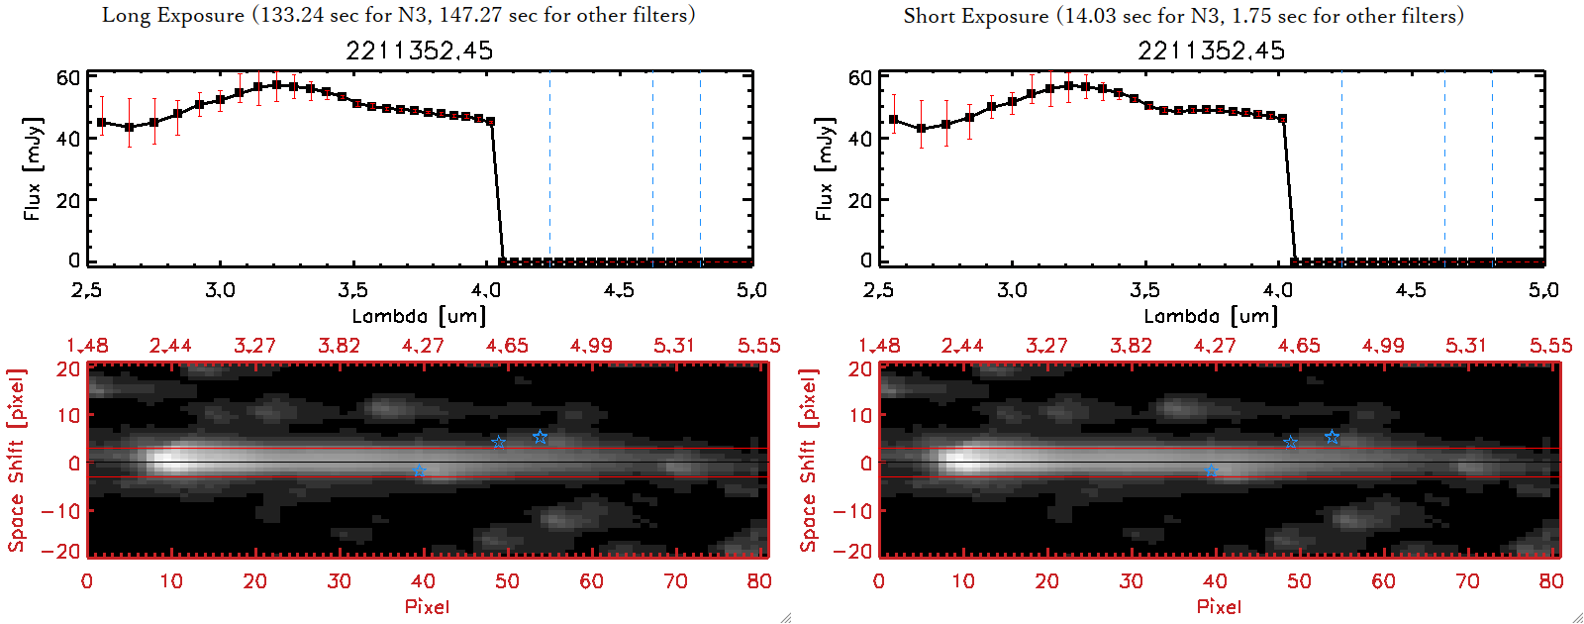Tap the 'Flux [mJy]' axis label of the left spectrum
33,168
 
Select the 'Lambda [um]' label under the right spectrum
1211,316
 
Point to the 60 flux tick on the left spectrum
68,77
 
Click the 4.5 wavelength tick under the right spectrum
1411,290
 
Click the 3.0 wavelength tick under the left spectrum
220,290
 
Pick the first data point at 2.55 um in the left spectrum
101,123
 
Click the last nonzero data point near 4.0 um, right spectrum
1283,119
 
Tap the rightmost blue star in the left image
540,437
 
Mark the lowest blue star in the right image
1212,471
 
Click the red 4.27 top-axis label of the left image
423,346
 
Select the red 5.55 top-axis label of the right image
1550,346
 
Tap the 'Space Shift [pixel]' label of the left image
16,461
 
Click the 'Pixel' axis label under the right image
1219,606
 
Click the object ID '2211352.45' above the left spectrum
419,51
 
